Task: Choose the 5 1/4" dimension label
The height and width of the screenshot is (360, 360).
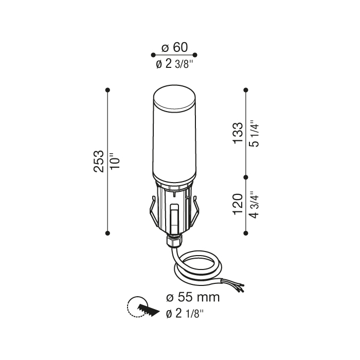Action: (x=253, y=134)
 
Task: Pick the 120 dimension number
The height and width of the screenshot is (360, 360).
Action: (x=237, y=204)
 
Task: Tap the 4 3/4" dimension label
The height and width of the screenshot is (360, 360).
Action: (x=253, y=204)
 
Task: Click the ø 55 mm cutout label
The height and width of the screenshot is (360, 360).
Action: (x=192, y=297)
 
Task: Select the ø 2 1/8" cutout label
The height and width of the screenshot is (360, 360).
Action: (x=185, y=313)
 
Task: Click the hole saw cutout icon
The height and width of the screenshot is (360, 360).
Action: (x=140, y=309)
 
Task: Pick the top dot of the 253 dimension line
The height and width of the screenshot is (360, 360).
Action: (x=107, y=90)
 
